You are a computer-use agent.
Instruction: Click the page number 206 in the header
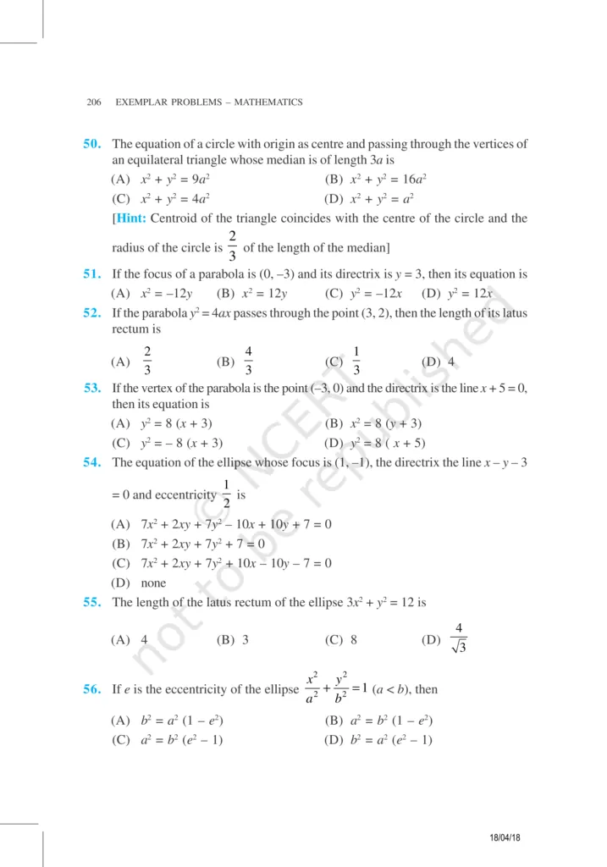94,102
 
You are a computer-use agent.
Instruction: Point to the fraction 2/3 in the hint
232,246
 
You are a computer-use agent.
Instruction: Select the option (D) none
139,583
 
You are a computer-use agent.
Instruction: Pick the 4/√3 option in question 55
458,639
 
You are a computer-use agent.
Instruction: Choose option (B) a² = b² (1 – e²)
381,721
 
